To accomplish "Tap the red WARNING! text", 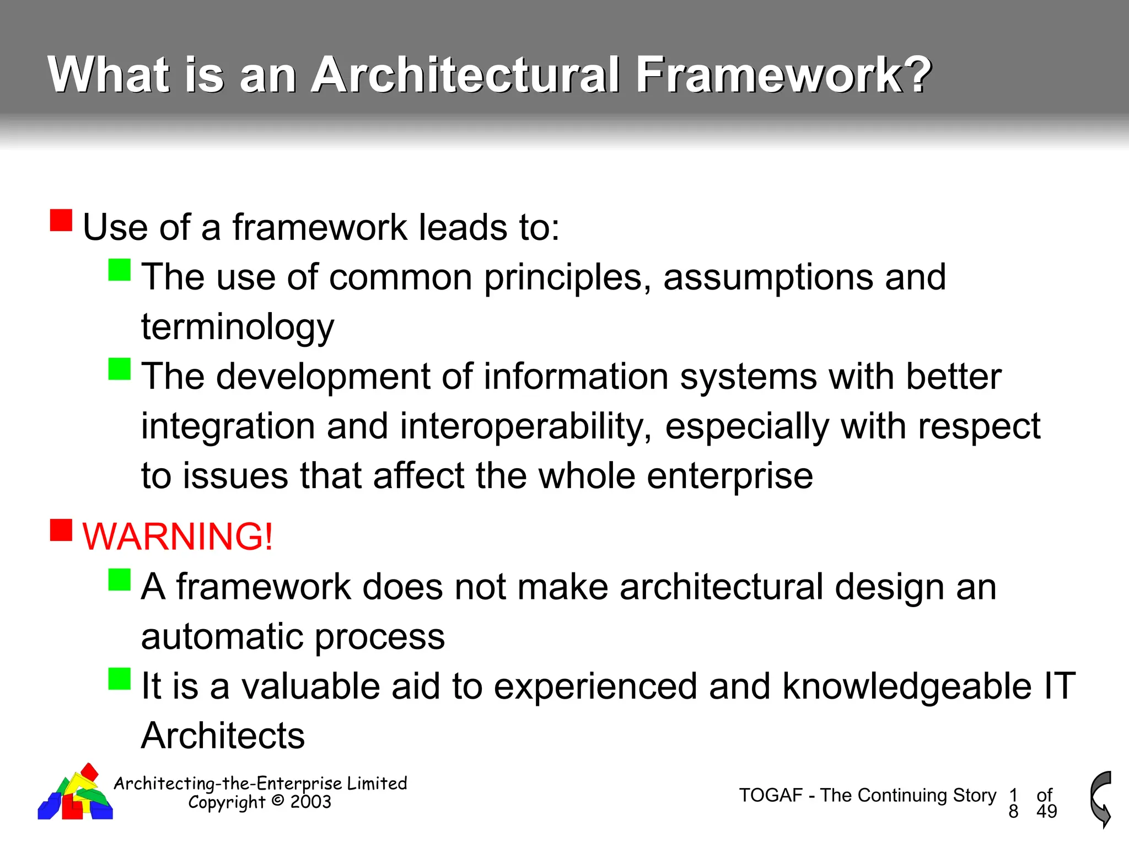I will (x=178, y=536).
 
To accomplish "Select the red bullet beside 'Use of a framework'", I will (x=61, y=220).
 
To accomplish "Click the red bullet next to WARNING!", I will (x=61, y=530).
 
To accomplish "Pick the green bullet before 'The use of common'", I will (x=120, y=270).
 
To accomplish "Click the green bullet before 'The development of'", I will (x=120, y=369).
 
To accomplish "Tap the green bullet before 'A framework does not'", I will (x=120, y=580).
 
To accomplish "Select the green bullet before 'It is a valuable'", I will (x=120, y=679).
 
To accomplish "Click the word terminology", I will (x=238, y=327).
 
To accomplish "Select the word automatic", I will (x=222, y=636).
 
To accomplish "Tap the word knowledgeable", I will (x=907, y=686).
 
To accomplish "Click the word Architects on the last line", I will (x=223, y=736).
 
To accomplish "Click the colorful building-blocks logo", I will (x=76, y=794).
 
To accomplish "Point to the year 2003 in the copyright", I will (x=310, y=802).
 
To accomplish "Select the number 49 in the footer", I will (x=1046, y=811).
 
